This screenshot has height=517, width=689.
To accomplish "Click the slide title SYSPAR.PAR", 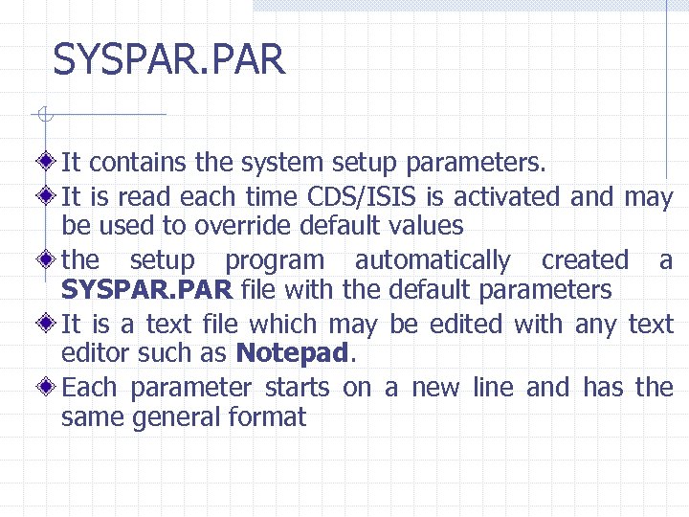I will pyautogui.click(x=169, y=59).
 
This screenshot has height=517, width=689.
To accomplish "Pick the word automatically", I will pyautogui.click(x=433, y=260).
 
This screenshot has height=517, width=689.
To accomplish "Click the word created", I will pyautogui.click(x=585, y=260).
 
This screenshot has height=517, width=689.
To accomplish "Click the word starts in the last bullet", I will pyautogui.click(x=297, y=388).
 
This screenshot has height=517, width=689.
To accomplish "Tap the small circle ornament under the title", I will pyautogui.click(x=41, y=116).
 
